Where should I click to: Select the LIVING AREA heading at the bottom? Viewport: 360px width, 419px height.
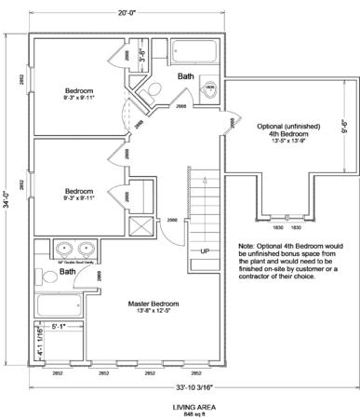click(181, 407)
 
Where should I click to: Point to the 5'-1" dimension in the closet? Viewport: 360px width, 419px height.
click(59, 327)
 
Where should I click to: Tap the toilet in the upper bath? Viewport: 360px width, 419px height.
click(211, 89)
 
